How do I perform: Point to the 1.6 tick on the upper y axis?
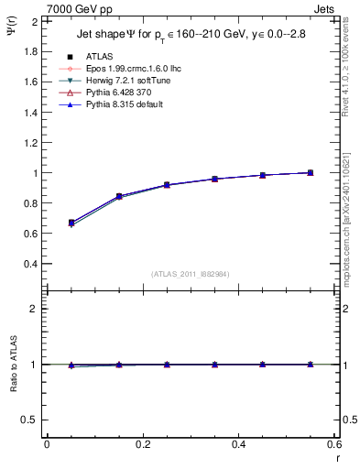coord(32,82)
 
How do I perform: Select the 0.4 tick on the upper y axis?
coord(32,264)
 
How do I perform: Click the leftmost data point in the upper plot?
coord(71,223)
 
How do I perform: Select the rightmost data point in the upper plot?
coord(311,172)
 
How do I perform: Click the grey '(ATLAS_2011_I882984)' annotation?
coord(190,274)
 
